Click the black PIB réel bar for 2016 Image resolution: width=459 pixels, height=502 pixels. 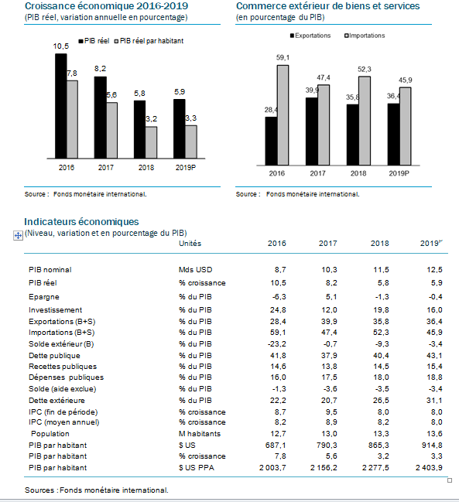(61, 106)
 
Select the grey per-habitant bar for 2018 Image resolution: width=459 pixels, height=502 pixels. (151, 142)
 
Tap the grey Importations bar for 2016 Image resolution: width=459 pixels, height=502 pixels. (283, 115)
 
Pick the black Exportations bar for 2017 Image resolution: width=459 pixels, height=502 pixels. (312, 131)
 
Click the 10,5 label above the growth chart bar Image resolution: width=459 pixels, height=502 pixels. (61, 46)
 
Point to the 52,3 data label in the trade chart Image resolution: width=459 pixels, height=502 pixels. (365, 70)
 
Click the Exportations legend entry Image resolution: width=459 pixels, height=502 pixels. (310, 36)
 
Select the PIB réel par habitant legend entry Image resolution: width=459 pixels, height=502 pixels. (149, 41)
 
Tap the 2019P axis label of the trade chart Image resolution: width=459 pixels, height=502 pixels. (399, 173)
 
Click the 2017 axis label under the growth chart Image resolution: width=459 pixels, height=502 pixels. (106, 167)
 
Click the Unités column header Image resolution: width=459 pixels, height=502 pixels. (190, 244)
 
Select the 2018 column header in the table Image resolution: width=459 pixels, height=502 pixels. (379, 244)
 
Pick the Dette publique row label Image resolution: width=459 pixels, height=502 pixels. (54, 356)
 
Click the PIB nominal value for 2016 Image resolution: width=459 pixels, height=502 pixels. (280, 270)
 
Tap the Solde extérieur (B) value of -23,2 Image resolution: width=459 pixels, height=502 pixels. (277, 344)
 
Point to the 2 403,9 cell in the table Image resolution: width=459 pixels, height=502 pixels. (429, 468)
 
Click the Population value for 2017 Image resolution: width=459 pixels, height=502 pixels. (329, 434)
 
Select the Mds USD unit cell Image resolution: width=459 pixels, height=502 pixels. (195, 270)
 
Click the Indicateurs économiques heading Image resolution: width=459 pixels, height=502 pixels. (82, 221)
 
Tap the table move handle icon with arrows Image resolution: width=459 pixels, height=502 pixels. (18, 235)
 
